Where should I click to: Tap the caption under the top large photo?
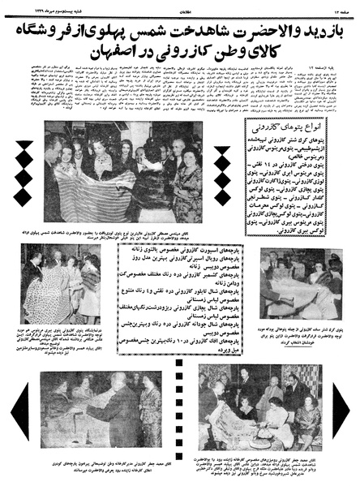coord(122,232)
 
